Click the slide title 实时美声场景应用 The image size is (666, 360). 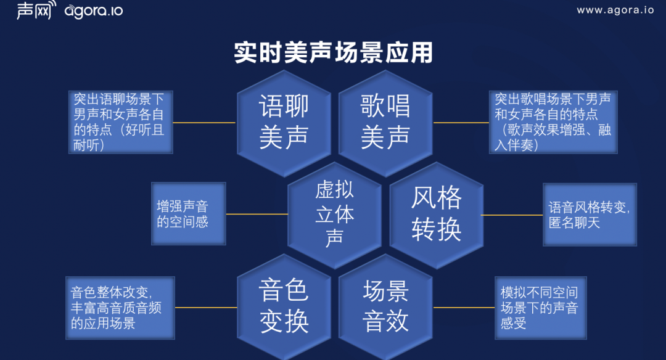(333, 53)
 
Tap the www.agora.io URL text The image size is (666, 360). (615, 10)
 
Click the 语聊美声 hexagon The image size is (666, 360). (284, 122)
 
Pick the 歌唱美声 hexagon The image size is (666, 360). (385, 122)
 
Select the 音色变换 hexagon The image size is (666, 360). (284, 307)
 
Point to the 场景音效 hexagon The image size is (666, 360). (385, 307)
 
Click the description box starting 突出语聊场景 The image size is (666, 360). (120, 122)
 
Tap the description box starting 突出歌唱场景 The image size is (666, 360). (553, 122)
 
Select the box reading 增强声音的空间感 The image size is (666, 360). (189, 214)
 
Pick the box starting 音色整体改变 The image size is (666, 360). (120, 307)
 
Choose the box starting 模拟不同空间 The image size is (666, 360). (539, 307)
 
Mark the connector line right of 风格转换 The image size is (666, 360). (512, 215)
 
